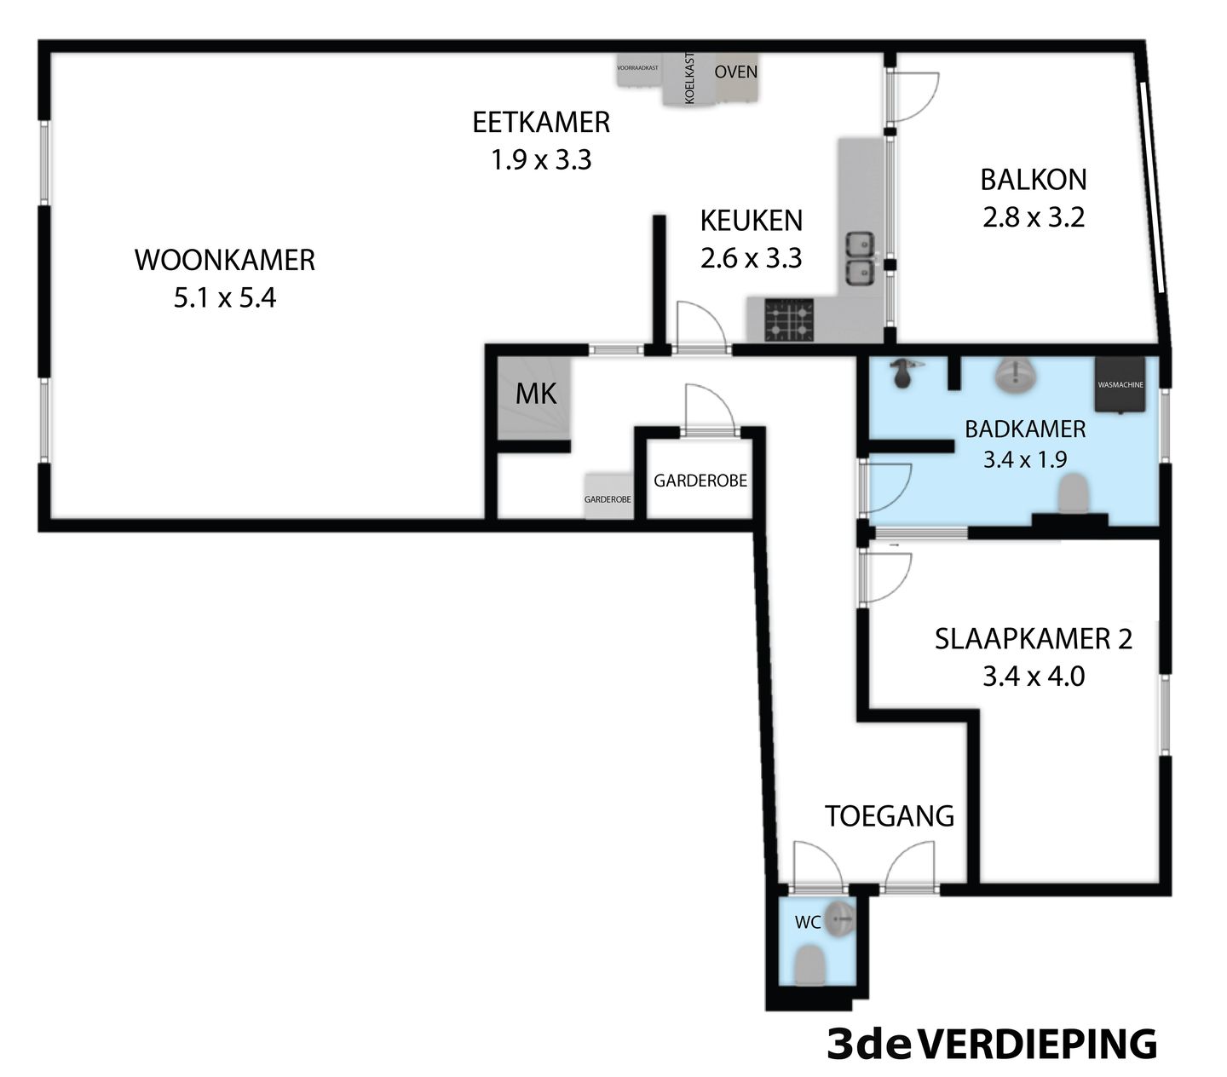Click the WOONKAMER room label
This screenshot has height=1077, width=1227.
pos(225,260)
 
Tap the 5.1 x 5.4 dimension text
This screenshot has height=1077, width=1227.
pos(225,298)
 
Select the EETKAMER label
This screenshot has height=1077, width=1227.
pos(541,122)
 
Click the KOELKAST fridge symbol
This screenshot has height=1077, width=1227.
pos(688,79)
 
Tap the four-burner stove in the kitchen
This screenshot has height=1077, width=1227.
pos(788,320)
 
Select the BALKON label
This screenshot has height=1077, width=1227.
pos(1033,180)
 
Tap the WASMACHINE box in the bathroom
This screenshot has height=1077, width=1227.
pos(1120,385)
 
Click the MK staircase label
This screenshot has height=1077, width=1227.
pos(537,394)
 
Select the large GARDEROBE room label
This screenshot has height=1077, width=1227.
pos(700,481)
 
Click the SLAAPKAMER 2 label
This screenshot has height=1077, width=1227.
pos(1033,639)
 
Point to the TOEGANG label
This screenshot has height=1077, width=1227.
pos(889,816)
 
